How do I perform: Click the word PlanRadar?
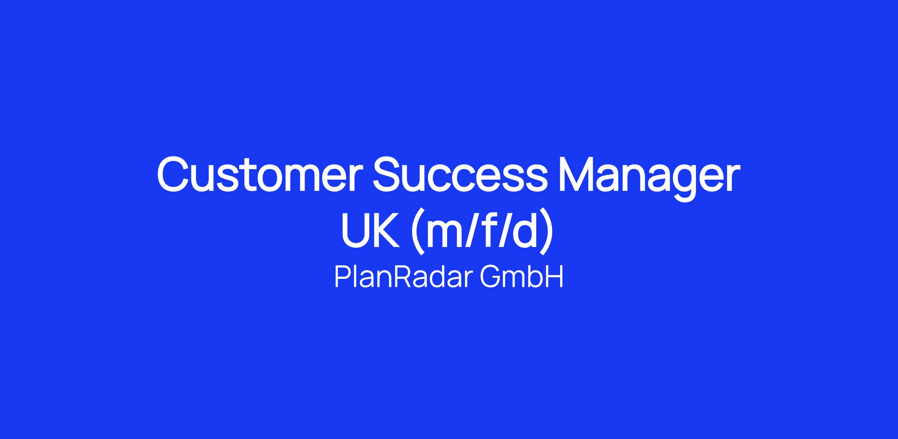click(x=400, y=277)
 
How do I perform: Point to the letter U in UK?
click(x=355, y=229)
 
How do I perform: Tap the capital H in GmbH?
click(x=554, y=277)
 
